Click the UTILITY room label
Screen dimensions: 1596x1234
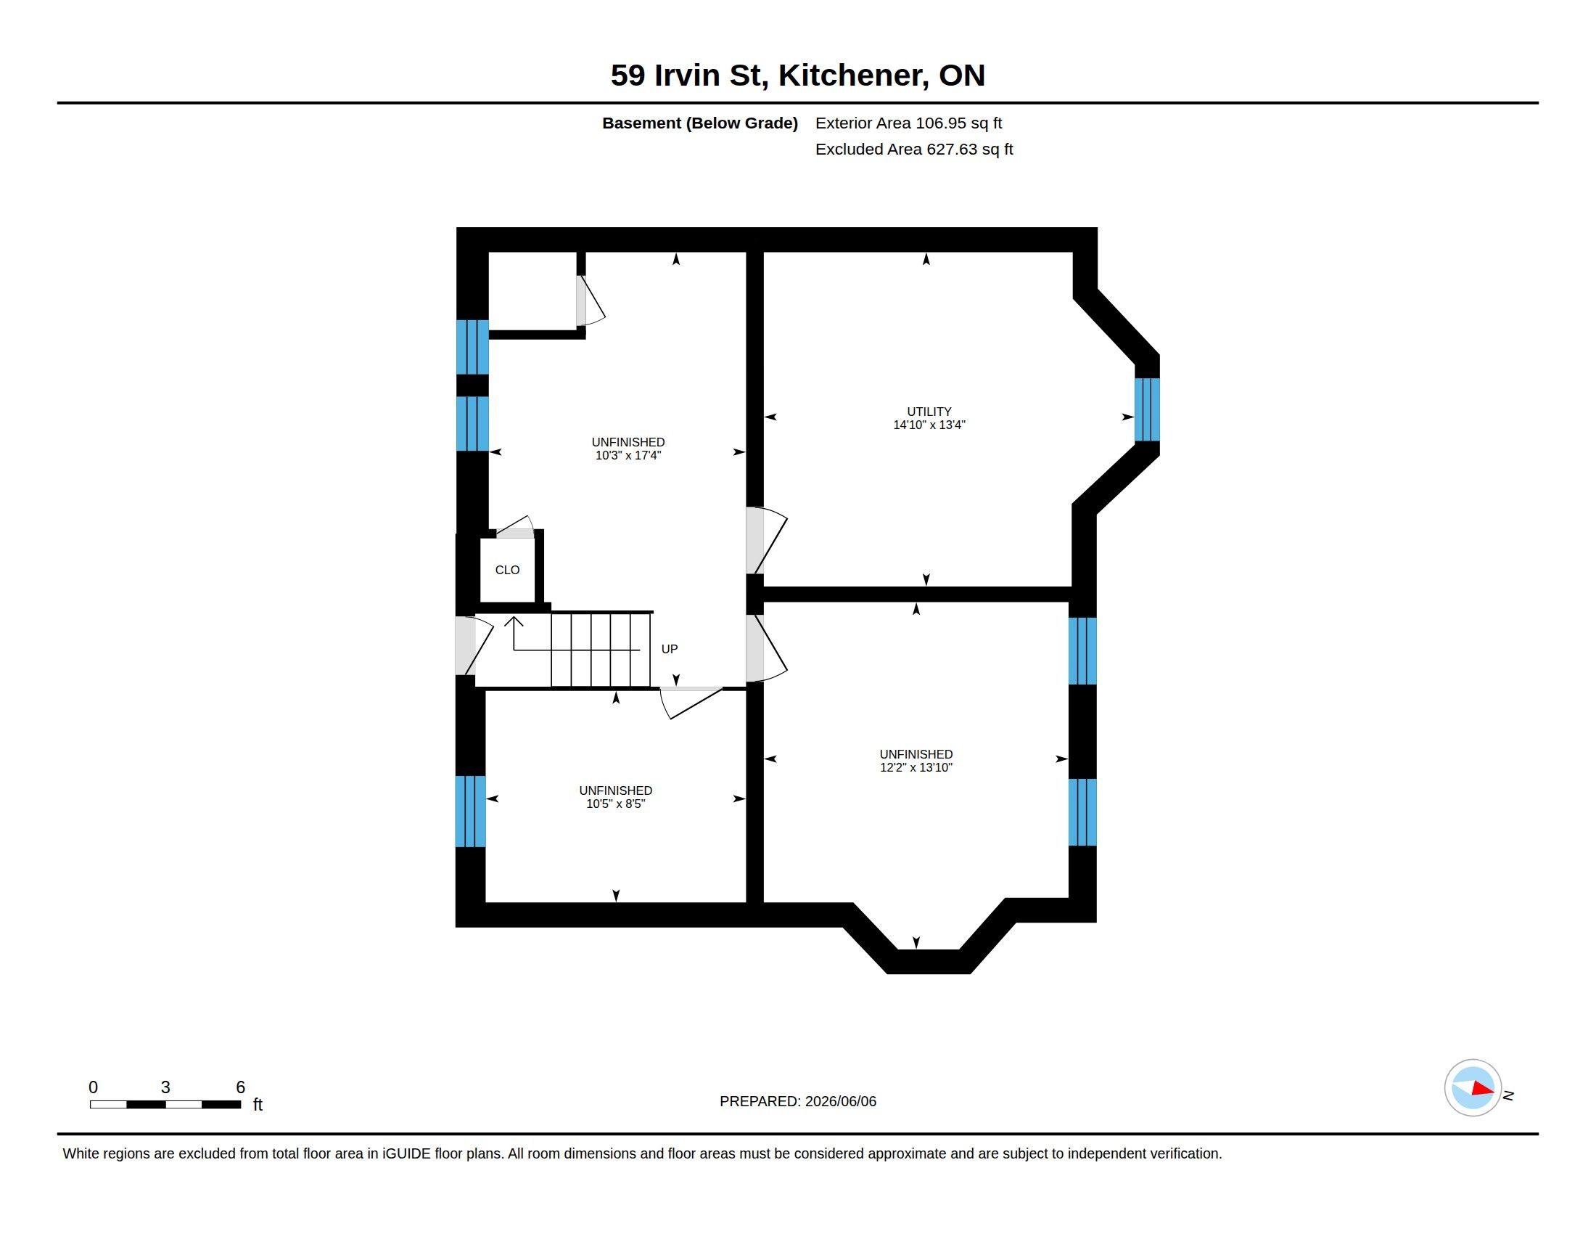929,412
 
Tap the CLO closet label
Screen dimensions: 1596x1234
507,571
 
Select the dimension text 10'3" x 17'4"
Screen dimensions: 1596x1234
628,455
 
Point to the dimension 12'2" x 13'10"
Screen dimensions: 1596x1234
916,767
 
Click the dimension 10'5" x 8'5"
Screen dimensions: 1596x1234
615,804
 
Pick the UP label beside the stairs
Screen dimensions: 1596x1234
670,649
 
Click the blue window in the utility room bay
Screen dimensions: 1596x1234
1146,410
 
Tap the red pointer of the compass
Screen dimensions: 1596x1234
1483,1089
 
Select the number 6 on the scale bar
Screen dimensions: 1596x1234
240,1087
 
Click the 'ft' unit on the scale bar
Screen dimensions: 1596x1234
258,1105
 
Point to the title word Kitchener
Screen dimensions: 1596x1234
854,75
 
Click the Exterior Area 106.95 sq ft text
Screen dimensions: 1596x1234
908,123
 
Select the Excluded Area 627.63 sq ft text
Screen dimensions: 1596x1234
914,149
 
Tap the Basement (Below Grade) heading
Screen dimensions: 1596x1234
699,123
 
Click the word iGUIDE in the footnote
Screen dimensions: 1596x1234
406,1153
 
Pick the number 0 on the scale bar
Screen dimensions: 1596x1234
93,1087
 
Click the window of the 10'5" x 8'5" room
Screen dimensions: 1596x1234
470,812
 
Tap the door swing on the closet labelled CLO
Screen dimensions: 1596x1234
516,526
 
